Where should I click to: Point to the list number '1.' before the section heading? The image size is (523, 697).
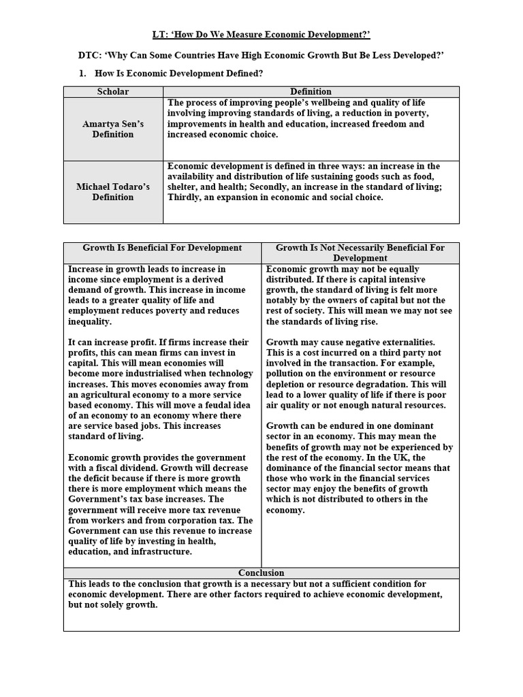84,74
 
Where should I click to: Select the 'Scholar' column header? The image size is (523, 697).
113,91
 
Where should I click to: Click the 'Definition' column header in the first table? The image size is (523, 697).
311,91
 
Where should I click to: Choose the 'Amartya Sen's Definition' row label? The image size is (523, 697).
113,129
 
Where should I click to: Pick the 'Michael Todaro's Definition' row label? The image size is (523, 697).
113,192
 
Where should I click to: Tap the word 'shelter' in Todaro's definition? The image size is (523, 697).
183,187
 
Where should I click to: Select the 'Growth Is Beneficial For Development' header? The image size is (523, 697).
162,248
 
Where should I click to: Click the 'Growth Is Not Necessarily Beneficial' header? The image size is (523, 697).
360,248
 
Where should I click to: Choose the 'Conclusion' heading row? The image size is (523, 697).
261,572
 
